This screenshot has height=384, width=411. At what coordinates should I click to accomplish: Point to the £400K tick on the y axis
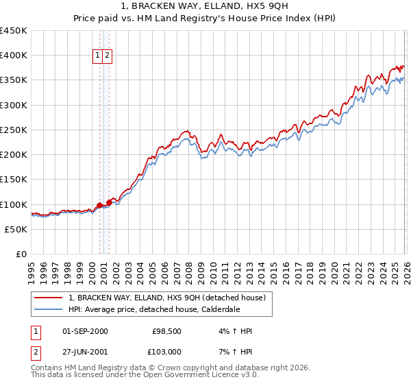pos(14,56)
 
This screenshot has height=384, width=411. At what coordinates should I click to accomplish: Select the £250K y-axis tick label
pos(14,130)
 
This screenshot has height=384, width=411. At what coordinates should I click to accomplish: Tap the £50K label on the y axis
pos(16,229)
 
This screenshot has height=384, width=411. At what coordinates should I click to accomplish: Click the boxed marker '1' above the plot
pos(98,56)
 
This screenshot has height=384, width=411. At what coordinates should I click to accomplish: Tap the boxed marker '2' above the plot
pos(108,56)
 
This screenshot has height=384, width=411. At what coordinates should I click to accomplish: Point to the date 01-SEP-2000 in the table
pos(85,332)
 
